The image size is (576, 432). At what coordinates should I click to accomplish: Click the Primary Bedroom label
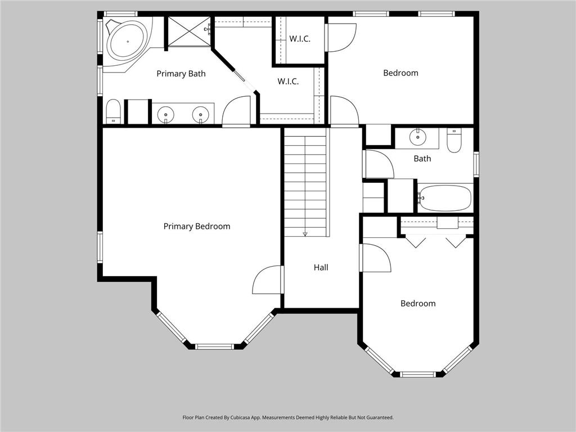click(197, 226)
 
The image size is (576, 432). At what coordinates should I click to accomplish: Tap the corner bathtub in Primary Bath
click(127, 40)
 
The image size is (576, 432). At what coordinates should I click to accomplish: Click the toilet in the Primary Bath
click(113, 111)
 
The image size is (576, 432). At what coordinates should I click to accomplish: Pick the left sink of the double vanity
click(166, 115)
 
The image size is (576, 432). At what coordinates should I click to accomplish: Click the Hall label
click(321, 268)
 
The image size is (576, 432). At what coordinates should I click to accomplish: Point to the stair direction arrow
click(305, 233)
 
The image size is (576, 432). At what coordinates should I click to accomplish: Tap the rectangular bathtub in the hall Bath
click(445, 198)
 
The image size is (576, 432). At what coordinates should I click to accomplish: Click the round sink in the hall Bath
click(417, 137)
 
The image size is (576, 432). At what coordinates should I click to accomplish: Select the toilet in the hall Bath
click(454, 140)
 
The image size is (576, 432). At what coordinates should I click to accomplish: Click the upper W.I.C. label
click(300, 39)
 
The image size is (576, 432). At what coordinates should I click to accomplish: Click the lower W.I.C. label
click(287, 82)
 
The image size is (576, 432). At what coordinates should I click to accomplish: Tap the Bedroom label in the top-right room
click(400, 73)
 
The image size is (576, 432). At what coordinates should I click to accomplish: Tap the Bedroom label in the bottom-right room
click(418, 303)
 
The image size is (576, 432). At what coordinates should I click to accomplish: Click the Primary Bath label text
click(181, 74)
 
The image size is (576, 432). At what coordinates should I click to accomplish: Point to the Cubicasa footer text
click(287, 417)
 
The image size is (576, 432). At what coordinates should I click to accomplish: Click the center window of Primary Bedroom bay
click(214, 346)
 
